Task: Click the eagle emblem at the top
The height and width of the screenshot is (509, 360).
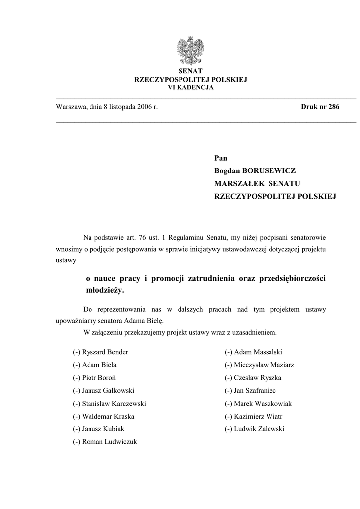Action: [x=190, y=51]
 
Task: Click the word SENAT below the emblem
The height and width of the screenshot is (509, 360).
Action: [x=191, y=71]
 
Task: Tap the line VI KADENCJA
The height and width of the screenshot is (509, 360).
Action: [x=191, y=87]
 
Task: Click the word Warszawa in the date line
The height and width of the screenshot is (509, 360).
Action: [x=71, y=107]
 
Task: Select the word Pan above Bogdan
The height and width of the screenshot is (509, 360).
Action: [x=220, y=158]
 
